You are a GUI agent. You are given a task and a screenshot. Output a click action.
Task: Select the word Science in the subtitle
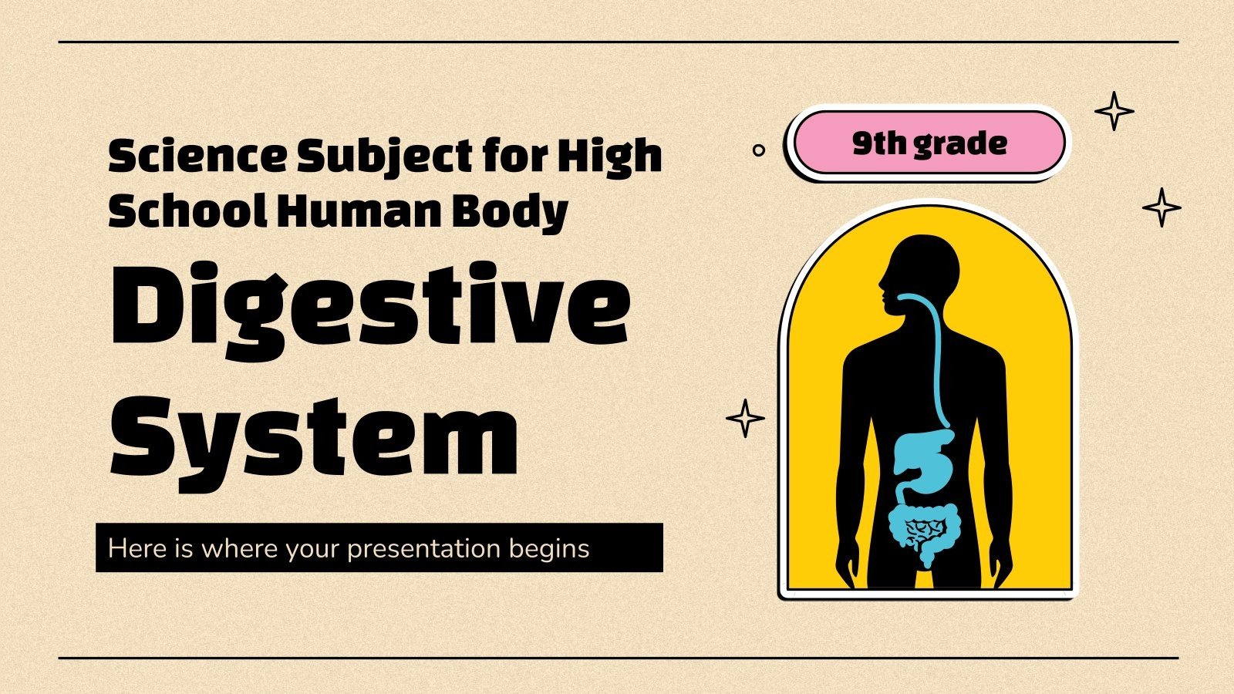pyautogui.click(x=196, y=157)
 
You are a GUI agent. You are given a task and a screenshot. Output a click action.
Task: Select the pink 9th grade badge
pyautogui.click(x=929, y=143)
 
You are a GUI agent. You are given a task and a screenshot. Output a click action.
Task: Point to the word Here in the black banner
pyautogui.click(x=136, y=548)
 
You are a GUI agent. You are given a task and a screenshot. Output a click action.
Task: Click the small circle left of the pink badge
pyautogui.click(x=759, y=150)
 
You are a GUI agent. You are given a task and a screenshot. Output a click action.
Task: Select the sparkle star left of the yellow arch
pyautogui.click(x=745, y=419)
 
